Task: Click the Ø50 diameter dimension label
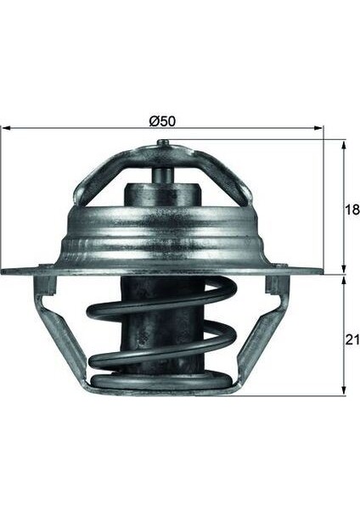(x=162, y=120)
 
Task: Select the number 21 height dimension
(x=349, y=340)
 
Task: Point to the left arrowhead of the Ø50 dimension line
(x=4, y=129)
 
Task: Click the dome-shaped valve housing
(x=161, y=238)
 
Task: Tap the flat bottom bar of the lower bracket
(x=161, y=392)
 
